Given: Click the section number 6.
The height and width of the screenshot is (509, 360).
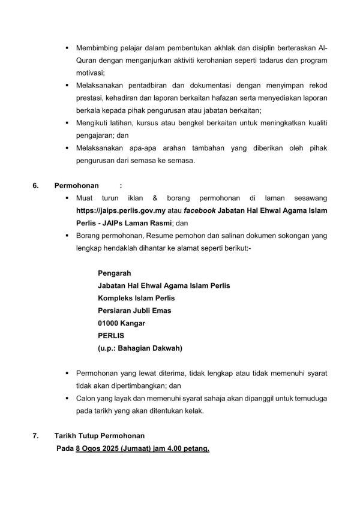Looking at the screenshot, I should [x=35, y=186].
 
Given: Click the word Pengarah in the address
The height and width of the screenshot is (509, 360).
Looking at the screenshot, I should [x=115, y=273].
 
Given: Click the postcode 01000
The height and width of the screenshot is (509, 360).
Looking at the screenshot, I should [x=109, y=323].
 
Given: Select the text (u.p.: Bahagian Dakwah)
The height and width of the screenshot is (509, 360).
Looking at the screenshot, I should [x=140, y=348].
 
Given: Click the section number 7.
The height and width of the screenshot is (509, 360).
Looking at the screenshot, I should [x=35, y=435].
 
